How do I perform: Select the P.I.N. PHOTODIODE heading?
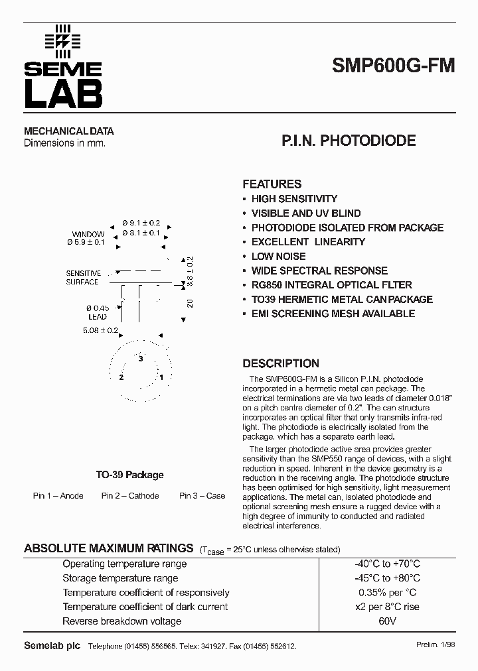coord(349,141)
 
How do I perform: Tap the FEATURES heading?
coord(272,184)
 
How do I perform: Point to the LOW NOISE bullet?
coord(278,257)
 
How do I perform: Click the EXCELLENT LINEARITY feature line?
coord(308,242)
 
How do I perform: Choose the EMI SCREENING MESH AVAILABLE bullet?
coord(333,314)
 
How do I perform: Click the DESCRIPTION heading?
coord(280,363)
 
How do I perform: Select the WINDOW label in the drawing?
coord(88,234)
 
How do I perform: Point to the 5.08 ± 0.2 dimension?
coord(100,330)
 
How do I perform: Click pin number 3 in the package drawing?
coord(141,358)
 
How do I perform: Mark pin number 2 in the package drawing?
coord(121,377)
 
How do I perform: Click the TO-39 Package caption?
coord(129,475)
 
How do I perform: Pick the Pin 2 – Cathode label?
coord(130,496)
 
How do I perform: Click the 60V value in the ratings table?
coord(387,621)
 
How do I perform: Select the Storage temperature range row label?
coord(120,578)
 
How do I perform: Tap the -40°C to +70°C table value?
coord(387,564)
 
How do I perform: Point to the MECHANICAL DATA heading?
coord(69,131)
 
